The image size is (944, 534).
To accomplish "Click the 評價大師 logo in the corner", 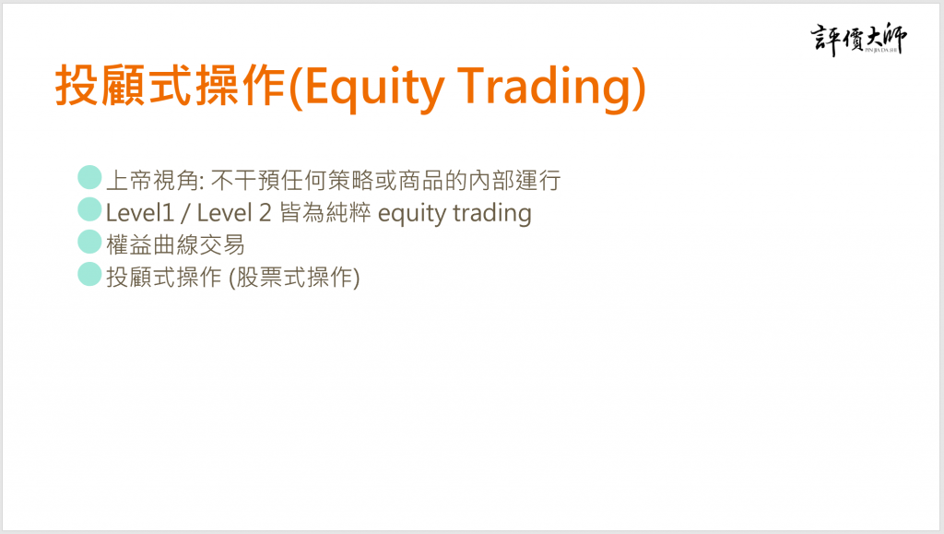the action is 858,39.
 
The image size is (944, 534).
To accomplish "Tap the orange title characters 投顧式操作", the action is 171,86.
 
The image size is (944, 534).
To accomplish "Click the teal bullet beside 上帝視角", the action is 89,177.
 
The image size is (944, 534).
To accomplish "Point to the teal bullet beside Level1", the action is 89,209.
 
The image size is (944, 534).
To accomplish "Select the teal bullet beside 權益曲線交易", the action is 89,242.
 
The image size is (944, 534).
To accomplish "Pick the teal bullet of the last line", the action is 89,274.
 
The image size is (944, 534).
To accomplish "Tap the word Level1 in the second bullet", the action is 140,212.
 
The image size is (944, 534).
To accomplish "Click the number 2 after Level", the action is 265,212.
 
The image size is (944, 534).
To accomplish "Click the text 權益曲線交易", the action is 175,245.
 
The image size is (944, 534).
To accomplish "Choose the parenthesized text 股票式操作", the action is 294,278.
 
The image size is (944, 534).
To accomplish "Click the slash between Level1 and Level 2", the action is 185,213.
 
